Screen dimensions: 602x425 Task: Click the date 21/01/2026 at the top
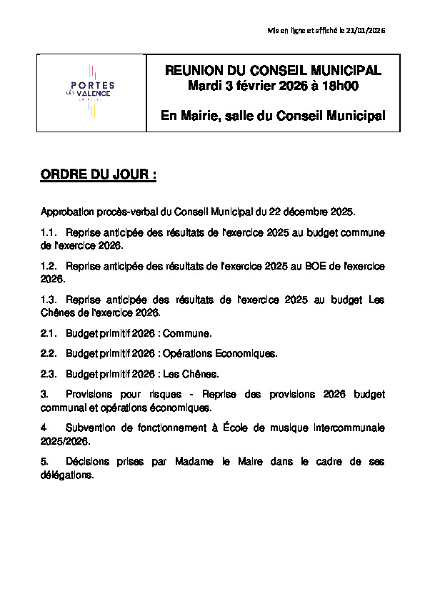tap(366, 29)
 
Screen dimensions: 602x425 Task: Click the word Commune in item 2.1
tap(188, 333)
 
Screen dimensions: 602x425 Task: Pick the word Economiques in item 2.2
tap(243, 353)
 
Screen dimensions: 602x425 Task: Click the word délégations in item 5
tap(66, 475)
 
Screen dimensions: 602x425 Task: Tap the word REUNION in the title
tap(194, 71)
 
